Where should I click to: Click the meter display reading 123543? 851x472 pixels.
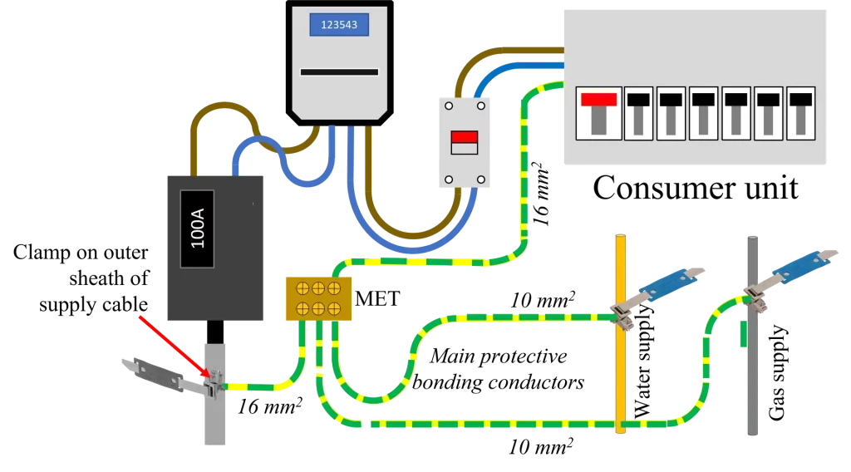coord(339,25)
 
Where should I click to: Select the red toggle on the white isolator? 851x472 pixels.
coord(464,137)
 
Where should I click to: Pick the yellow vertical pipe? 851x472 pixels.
coord(618,332)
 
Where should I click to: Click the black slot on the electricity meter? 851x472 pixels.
coord(339,72)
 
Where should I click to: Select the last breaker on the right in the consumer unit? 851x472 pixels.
coord(801,112)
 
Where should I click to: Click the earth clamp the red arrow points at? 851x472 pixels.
coord(214,384)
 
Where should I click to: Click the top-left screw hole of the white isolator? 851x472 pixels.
coord(448,106)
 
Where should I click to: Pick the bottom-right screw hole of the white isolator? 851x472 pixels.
coord(480,179)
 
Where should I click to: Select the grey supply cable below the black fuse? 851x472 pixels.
coord(214,415)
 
